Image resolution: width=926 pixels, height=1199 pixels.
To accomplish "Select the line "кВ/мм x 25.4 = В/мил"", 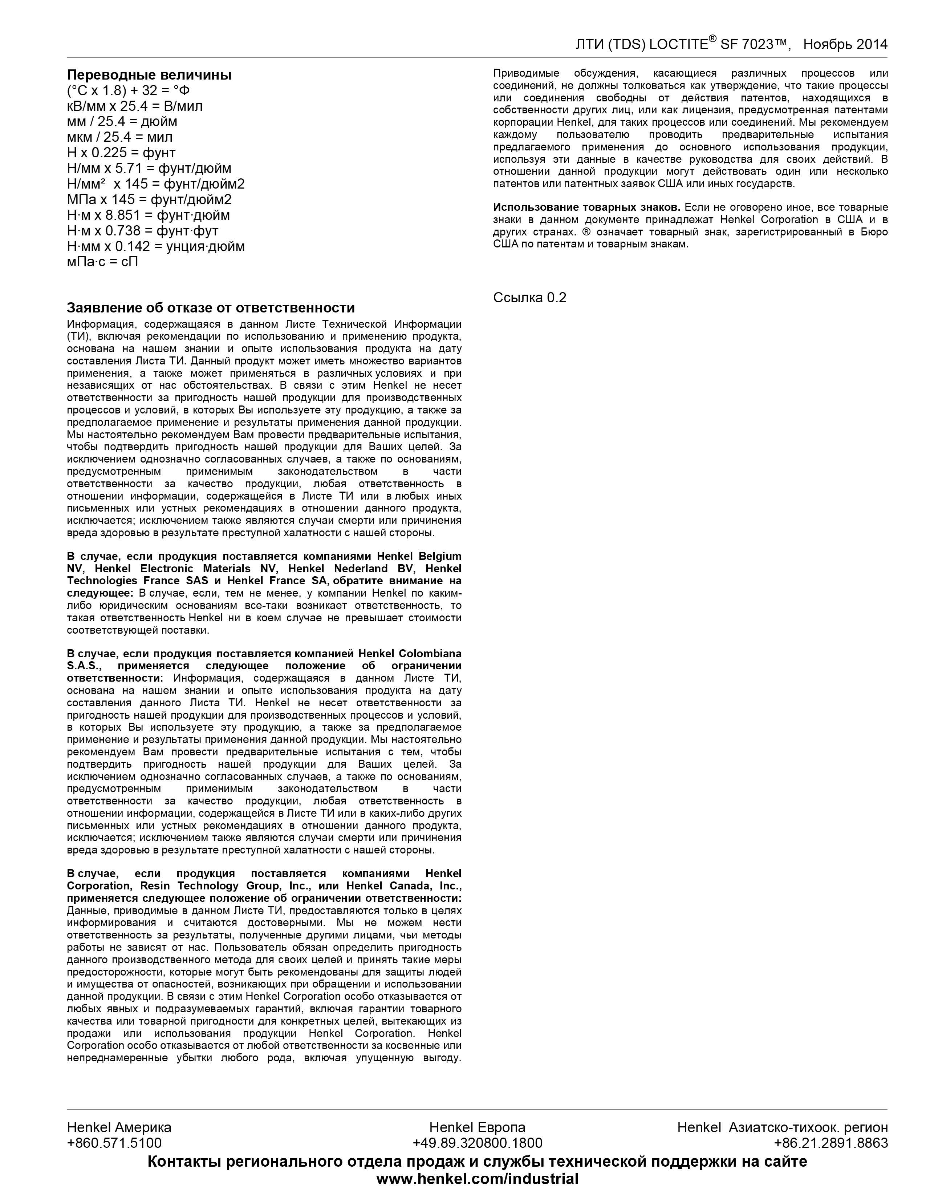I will pyautogui.click(x=134, y=106).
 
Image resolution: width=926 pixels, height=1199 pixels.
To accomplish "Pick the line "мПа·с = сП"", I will pyautogui.click(x=102, y=262).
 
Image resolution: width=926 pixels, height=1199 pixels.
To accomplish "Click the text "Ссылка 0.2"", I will pyautogui.click(x=529, y=298).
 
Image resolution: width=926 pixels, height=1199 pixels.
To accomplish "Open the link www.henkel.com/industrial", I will pyautogui.click(x=477, y=1178).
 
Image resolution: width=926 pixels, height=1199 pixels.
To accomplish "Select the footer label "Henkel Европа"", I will pyautogui.click(x=477, y=1127).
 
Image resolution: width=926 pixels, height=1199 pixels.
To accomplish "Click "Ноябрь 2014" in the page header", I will pyautogui.click(x=845, y=44).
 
